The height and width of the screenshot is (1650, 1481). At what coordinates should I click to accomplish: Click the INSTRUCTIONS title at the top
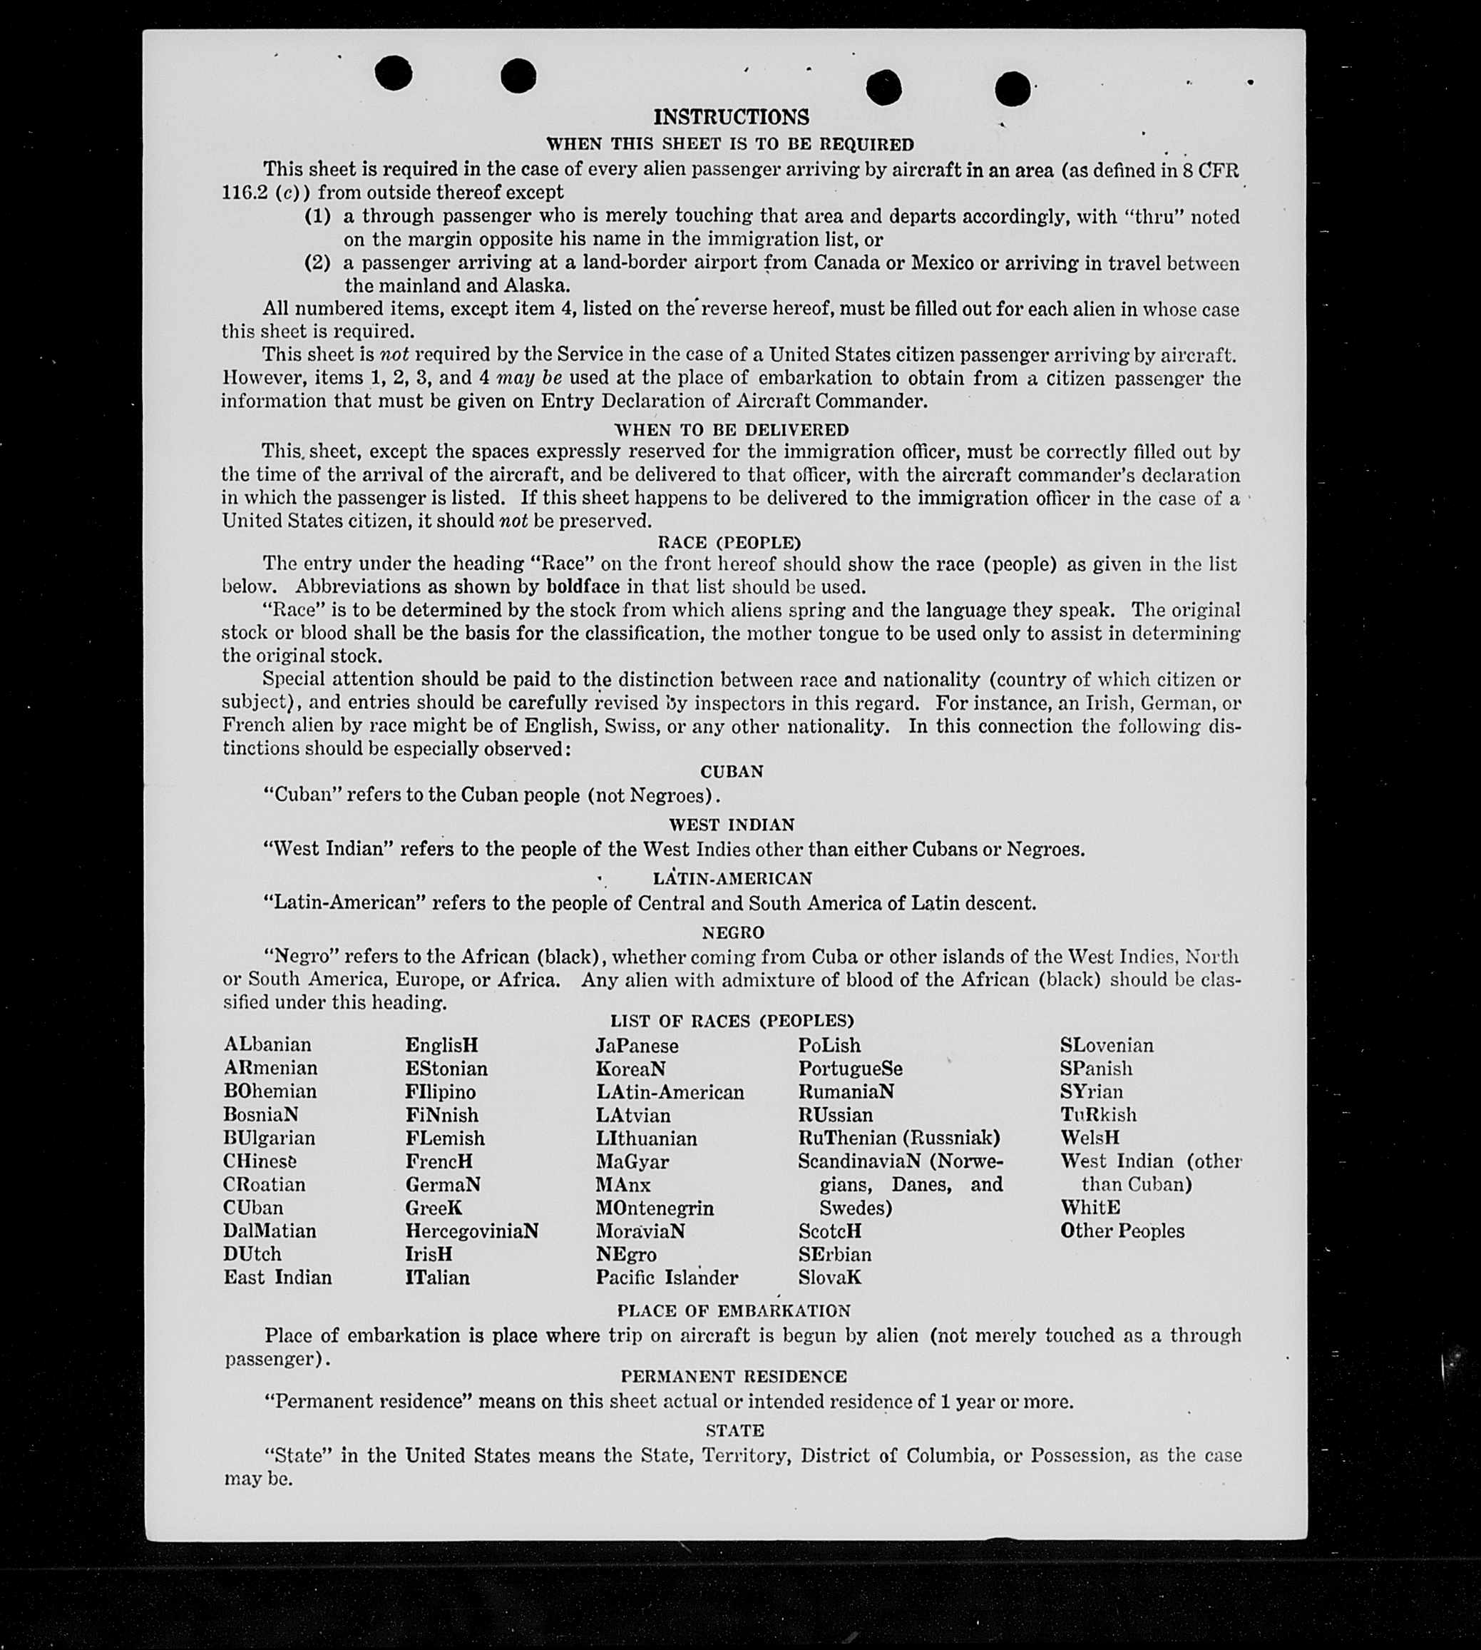click(x=731, y=117)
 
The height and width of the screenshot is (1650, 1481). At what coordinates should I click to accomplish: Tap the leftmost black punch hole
click(x=393, y=73)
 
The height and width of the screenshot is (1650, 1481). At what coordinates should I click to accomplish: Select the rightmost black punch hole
click(x=1013, y=88)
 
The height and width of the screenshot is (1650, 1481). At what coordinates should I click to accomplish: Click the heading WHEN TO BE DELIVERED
click(x=731, y=429)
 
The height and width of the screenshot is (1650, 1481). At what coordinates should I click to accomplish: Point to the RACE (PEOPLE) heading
click(x=729, y=542)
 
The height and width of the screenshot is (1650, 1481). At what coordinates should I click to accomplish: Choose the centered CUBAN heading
click(x=732, y=771)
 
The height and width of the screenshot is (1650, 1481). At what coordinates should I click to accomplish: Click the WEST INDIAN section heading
click(x=732, y=825)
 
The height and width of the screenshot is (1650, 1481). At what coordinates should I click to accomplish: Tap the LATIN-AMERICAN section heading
click(x=732, y=878)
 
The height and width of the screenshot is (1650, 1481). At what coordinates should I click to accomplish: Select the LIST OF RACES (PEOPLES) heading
click(x=732, y=1021)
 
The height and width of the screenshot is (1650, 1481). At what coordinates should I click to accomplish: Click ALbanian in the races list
click(x=267, y=1044)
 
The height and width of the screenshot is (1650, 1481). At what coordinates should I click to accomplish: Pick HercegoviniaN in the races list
click(x=472, y=1231)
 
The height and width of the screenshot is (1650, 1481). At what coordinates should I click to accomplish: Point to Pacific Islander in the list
click(x=667, y=1277)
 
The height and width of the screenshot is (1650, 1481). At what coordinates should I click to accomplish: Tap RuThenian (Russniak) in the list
click(x=898, y=1138)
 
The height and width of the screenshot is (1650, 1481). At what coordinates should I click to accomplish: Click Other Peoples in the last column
click(x=1122, y=1231)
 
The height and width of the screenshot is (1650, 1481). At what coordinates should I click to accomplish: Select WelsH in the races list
click(x=1090, y=1138)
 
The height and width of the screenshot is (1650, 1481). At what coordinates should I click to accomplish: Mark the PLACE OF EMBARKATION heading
click(x=733, y=1310)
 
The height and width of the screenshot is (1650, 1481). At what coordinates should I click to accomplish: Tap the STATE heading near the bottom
click(x=734, y=1430)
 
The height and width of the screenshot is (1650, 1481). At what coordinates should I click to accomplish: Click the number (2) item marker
click(x=317, y=263)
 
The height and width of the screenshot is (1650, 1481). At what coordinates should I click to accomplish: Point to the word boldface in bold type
click(x=583, y=586)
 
